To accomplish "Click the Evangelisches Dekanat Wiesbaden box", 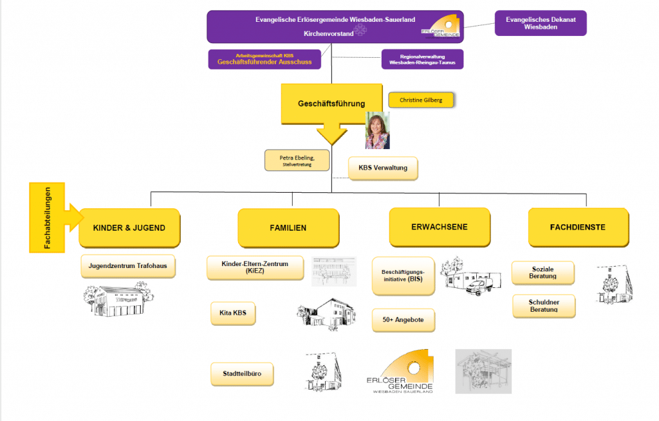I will (x=541, y=23).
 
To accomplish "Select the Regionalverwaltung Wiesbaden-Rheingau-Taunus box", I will (x=422, y=59).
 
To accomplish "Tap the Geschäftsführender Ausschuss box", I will (x=265, y=59).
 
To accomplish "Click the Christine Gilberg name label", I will (x=421, y=100).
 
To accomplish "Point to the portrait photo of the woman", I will (x=377, y=130).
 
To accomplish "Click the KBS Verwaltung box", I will (x=382, y=168).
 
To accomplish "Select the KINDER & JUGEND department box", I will (x=129, y=228).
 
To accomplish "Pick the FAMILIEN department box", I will (x=288, y=228).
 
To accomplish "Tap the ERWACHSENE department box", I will (x=439, y=227).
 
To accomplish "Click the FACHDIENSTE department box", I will (x=577, y=227).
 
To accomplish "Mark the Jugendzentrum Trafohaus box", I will (x=128, y=265).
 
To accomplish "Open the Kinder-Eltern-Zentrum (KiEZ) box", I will (x=255, y=267).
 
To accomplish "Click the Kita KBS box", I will (x=233, y=313).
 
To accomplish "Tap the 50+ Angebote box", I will (x=403, y=319).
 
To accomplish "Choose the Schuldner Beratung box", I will (x=543, y=306).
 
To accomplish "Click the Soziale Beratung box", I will (x=543, y=273).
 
